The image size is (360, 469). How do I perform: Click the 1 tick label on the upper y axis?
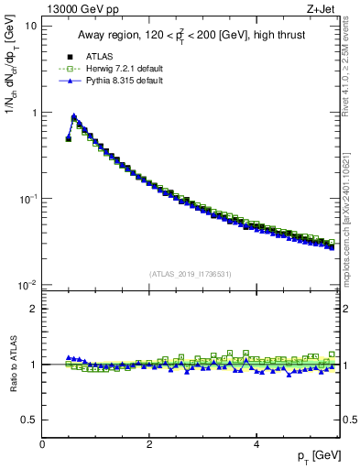pos(34,113)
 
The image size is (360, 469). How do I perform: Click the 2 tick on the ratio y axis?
pos(34,309)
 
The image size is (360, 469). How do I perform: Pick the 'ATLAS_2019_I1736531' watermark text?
pos(191,274)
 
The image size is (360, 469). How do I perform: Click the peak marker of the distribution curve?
pos(73,116)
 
